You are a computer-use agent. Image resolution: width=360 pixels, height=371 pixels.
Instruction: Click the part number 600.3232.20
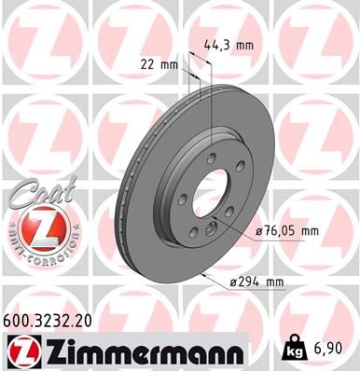(50, 320)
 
